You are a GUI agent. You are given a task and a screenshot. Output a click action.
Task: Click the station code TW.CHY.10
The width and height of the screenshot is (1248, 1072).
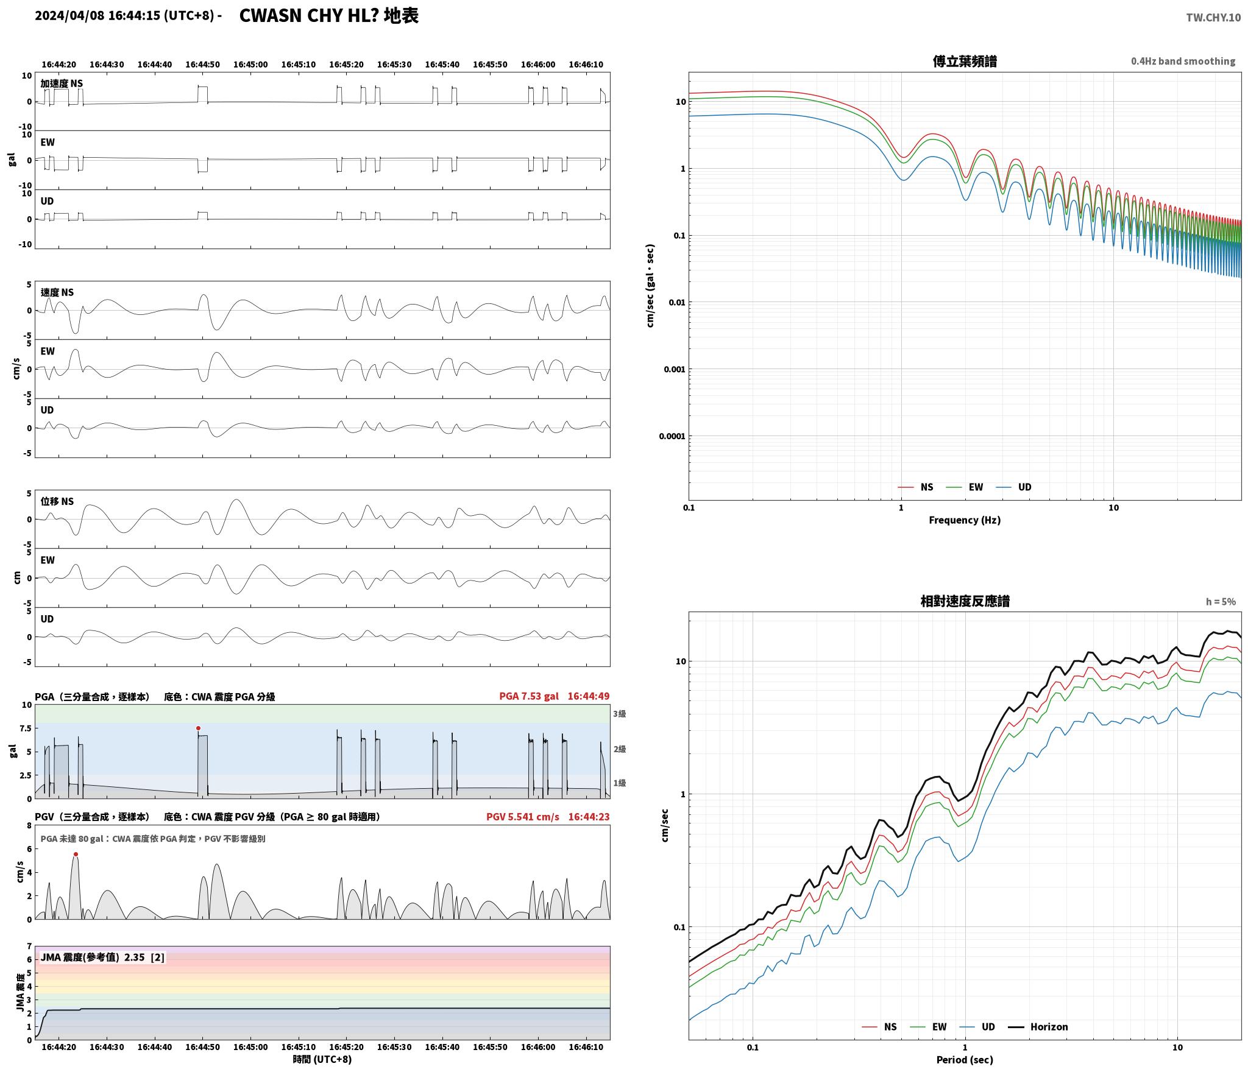pos(1213,17)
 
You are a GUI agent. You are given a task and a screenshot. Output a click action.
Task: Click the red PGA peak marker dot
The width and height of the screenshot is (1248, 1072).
pos(198,728)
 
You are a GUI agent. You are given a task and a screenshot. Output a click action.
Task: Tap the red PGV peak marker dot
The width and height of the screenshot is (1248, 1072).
pos(76,854)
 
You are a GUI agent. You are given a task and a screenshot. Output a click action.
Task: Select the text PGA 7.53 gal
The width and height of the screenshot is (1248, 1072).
pos(528,696)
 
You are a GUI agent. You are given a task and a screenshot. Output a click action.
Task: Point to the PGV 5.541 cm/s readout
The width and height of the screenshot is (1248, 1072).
pos(522,816)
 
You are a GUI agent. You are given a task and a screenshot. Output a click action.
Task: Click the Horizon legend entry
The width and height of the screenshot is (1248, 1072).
pos(1038,1026)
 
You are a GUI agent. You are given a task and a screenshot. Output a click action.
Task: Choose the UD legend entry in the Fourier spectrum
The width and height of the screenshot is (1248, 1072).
pos(1013,487)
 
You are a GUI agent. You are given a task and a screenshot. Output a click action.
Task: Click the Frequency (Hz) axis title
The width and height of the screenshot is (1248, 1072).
pos(965,520)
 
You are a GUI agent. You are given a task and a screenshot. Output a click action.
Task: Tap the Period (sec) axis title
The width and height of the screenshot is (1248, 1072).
pos(965,1059)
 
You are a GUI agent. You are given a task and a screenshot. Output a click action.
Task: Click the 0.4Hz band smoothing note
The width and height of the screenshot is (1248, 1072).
pos(1183,61)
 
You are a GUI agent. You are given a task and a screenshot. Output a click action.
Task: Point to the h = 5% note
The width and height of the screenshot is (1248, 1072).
pos(1221,601)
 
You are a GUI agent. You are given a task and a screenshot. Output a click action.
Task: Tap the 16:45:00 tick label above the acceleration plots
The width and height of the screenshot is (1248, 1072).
pos(250,64)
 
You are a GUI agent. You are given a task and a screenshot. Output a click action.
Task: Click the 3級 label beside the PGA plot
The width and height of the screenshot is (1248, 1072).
pos(619,713)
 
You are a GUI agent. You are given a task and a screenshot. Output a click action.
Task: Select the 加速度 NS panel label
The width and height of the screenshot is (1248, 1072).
pos(62,83)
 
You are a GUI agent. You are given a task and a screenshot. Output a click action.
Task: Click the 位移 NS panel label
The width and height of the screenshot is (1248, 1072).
pos(57,501)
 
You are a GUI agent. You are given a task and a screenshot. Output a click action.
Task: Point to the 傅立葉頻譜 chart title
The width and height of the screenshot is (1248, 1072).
pos(965,61)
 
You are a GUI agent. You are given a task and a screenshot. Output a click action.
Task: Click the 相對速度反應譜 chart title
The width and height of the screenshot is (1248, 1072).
pos(965,601)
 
